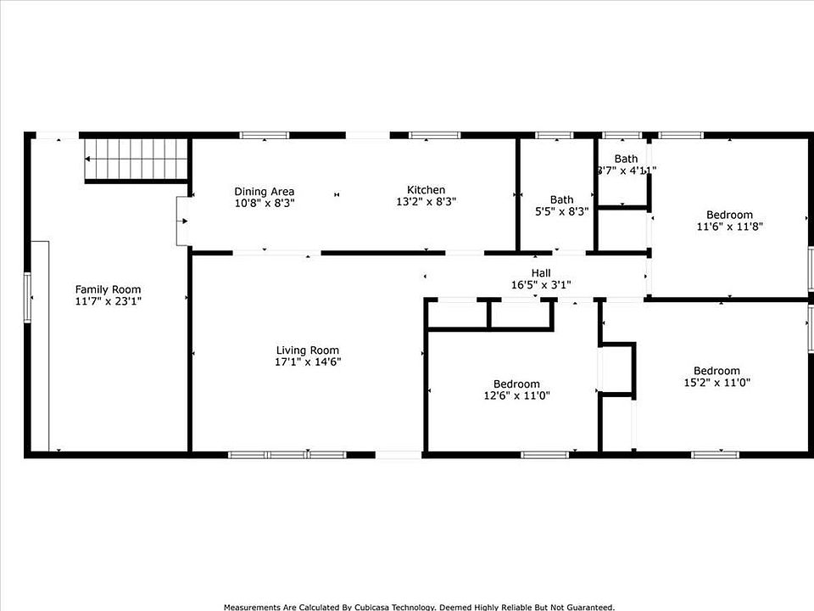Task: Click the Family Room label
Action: point(108,289)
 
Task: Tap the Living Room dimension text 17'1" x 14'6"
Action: point(308,362)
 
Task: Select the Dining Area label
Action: point(265,192)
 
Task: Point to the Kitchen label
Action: point(426,190)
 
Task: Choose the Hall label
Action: point(541,273)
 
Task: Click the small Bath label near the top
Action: point(626,159)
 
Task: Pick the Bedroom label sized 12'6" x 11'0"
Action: point(511,384)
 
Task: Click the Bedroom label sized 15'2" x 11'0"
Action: point(716,371)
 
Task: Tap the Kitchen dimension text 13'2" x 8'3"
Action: point(426,202)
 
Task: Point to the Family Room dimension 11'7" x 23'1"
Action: point(108,301)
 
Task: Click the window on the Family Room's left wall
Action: point(28,297)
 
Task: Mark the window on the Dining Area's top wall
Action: point(265,135)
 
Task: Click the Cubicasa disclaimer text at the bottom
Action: point(419,607)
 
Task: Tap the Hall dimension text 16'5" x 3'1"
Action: point(541,285)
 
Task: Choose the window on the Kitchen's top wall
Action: point(434,135)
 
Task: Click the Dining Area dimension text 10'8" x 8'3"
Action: point(265,204)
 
